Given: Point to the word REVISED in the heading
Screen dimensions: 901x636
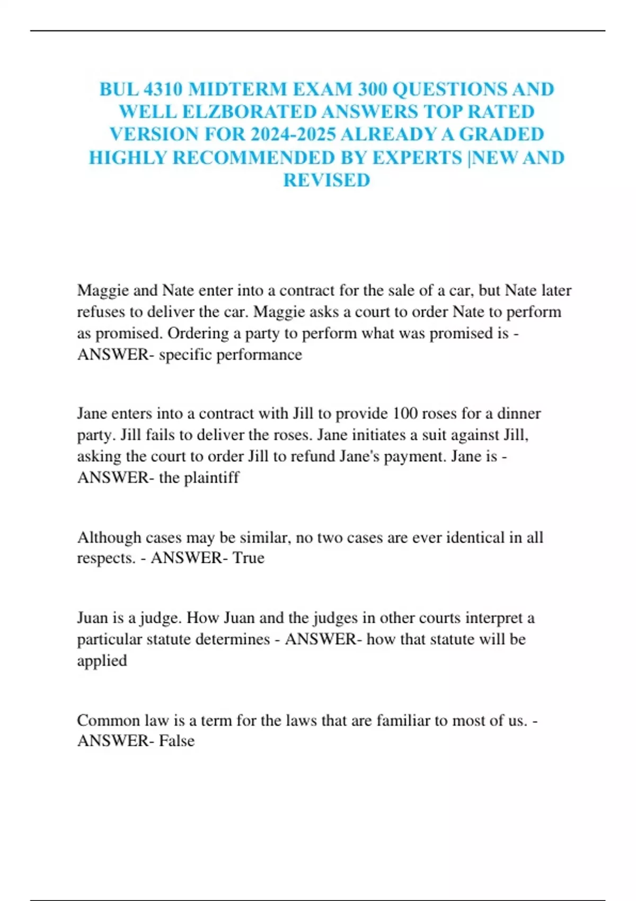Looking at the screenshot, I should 326,180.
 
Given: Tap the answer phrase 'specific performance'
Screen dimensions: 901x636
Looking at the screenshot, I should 231,354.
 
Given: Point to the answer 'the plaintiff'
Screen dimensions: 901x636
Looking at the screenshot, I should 199,478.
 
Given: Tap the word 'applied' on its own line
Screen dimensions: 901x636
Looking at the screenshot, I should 102,661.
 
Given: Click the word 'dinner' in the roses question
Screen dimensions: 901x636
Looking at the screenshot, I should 519,413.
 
